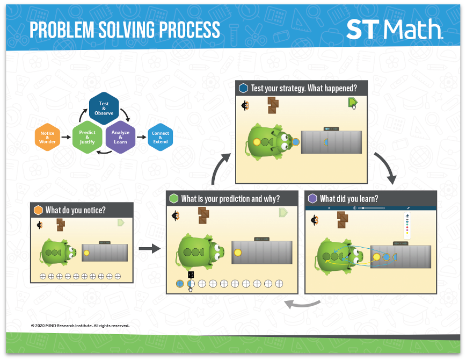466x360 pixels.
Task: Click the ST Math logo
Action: tap(395, 30)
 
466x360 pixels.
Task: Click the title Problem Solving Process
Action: tap(125, 30)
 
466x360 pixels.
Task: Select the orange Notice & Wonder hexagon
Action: tap(47, 138)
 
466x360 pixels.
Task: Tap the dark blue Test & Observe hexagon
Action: tap(104, 109)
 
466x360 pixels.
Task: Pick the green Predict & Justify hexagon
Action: tap(87, 138)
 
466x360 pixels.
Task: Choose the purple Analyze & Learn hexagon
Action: tap(120, 138)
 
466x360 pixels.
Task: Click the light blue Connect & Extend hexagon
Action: tap(160, 138)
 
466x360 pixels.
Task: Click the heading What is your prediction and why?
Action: tap(230, 199)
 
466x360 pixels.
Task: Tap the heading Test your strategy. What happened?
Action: tap(303, 88)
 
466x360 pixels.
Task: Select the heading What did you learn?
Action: tap(349, 199)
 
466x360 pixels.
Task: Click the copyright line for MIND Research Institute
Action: tap(80, 326)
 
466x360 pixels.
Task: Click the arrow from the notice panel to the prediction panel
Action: tap(150, 248)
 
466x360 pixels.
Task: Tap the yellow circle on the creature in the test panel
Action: tap(257, 142)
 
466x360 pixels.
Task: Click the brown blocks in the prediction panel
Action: tap(203, 215)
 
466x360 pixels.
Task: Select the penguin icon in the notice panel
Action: tap(39, 225)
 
